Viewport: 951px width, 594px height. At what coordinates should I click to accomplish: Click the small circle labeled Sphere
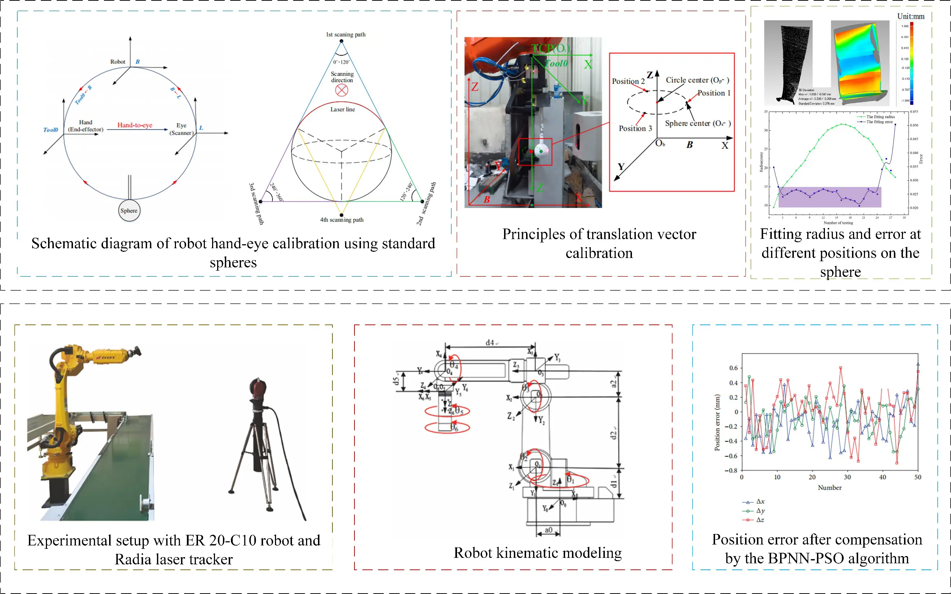[x=129, y=211]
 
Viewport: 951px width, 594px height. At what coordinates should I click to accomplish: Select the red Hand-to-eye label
[x=135, y=125]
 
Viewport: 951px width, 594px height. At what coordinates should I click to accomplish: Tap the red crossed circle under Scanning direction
[x=341, y=90]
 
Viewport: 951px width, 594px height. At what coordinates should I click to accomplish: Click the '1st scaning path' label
[x=346, y=35]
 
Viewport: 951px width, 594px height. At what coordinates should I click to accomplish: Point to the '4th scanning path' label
[x=342, y=220]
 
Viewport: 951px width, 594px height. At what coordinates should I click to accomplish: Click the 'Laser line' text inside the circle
[x=343, y=109]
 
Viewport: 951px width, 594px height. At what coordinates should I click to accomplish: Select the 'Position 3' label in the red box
[x=635, y=129]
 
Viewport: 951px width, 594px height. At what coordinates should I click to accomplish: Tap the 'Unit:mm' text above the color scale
[x=911, y=17]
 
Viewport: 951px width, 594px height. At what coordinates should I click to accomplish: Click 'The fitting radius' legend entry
[x=880, y=117]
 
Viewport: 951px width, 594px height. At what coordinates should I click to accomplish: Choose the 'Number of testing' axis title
[x=838, y=223]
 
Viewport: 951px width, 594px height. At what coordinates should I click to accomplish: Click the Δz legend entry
[x=760, y=520]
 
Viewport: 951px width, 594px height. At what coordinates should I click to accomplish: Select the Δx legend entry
[x=760, y=502]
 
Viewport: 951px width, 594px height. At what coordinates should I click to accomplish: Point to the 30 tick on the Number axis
[x=847, y=477]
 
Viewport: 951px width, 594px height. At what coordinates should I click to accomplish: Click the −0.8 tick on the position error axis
[x=731, y=470]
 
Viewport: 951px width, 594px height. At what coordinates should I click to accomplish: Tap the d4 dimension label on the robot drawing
[x=490, y=343]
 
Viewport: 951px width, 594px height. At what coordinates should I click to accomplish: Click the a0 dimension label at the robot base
[x=548, y=530]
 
